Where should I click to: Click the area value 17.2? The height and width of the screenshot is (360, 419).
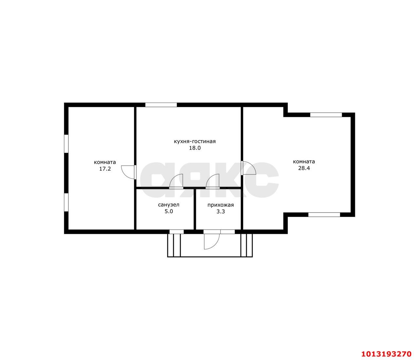[x=105, y=169]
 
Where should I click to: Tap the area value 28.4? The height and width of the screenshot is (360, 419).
[x=304, y=168]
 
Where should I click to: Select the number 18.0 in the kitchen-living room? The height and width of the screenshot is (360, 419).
[x=195, y=148]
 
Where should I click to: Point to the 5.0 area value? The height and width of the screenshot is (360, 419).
[x=169, y=211]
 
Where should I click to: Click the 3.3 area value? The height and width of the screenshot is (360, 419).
[x=221, y=212]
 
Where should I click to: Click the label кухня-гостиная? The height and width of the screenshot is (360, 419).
[x=195, y=141]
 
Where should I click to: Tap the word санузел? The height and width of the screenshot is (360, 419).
[x=169, y=205]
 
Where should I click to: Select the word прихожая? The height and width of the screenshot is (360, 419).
[x=221, y=205]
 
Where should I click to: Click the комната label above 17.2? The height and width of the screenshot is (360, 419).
[x=105, y=162]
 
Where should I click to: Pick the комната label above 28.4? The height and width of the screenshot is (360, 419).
[x=304, y=162]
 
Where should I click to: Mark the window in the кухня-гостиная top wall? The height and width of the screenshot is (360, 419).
[x=161, y=105]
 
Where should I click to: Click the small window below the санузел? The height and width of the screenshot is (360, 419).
[x=176, y=232]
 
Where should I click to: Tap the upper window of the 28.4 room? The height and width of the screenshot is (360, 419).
[x=326, y=115]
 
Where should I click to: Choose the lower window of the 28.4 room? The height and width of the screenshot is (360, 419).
[x=324, y=215]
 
